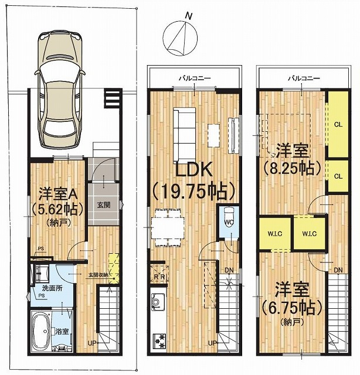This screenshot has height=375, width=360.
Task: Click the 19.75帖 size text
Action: (x=193, y=190)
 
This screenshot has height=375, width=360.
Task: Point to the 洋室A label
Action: (x=57, y=193)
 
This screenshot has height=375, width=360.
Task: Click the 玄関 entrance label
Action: (x=103, y=204)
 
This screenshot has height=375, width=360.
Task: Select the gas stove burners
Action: (x=159, y=340)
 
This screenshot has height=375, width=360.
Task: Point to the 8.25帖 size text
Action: (x=293, y=168)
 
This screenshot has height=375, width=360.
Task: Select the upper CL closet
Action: (x=338, y=124)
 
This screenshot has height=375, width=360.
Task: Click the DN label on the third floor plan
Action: (x=338, y=270)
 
